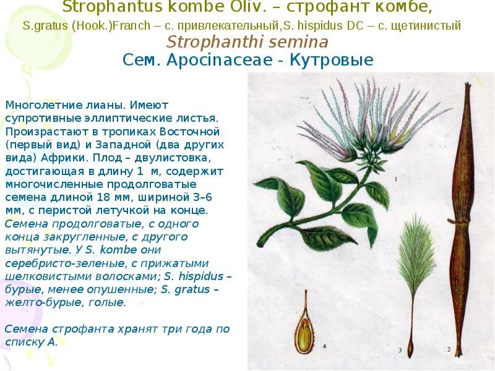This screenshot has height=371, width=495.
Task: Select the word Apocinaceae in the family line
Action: coord(220,59)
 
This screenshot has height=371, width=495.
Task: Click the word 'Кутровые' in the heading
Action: coord(332,60)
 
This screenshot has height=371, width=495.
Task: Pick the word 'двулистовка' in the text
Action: coord(173,158)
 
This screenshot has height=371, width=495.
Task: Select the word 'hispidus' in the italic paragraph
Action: coord(200,276)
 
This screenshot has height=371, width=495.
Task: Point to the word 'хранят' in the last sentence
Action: coord(137,329)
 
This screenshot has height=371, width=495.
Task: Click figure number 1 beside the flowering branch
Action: coord(396,179)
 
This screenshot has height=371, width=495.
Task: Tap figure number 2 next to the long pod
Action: coord(449,349)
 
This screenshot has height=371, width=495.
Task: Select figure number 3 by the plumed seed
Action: coord(400,350)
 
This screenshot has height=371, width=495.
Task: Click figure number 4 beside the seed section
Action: coord(324,346)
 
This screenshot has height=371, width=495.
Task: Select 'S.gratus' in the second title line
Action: coord(45,25)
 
